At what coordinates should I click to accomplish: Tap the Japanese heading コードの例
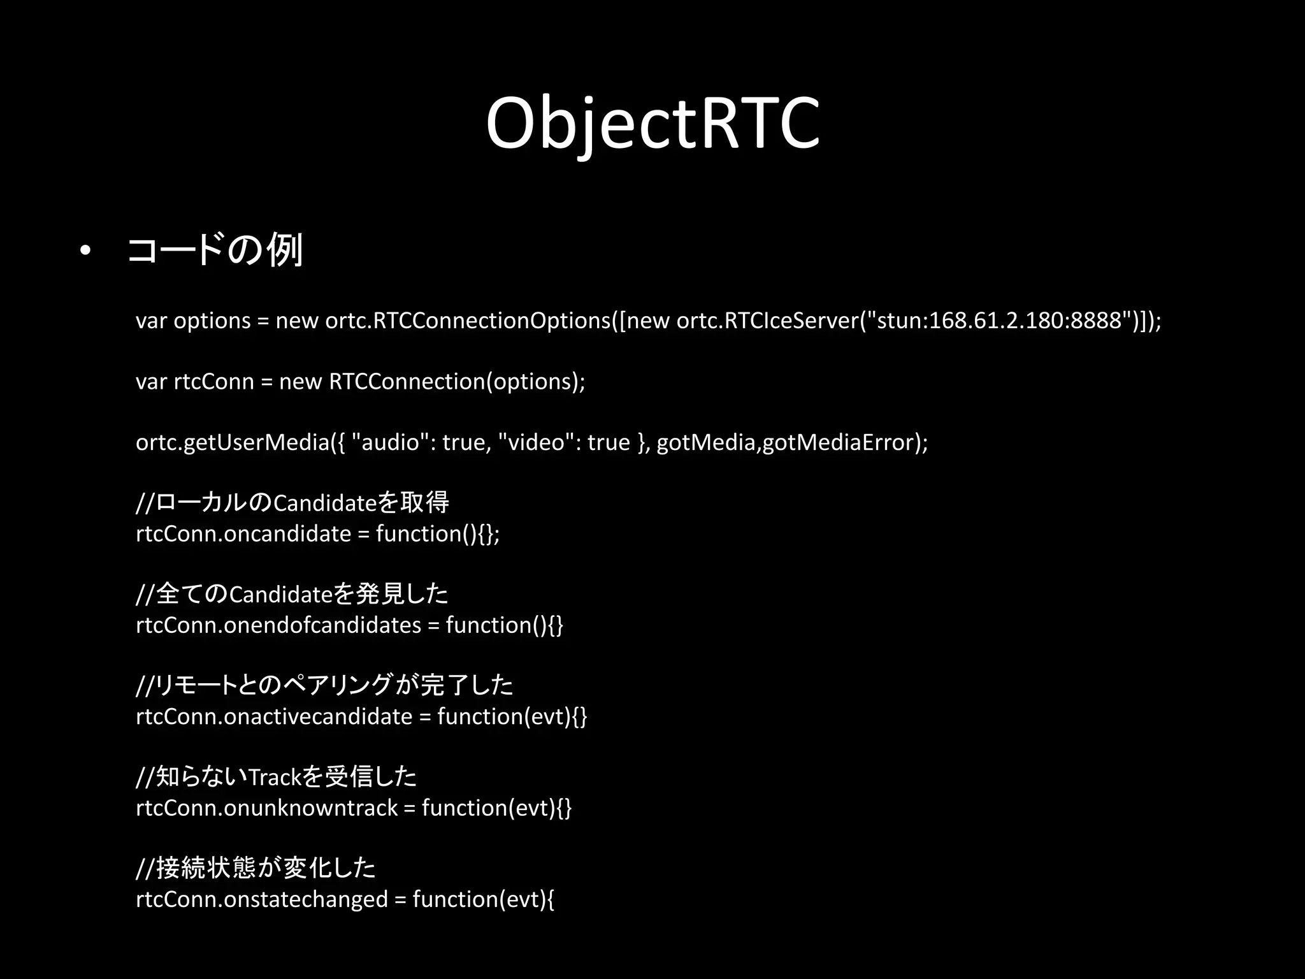point(215,250)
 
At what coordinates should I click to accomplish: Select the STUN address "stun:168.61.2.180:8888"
point(999,320)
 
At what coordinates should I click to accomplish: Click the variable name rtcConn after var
point(213,381)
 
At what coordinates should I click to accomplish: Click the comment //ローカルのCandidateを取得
point(292,503)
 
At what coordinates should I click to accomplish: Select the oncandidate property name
point(287,533)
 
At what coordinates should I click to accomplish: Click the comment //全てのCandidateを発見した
point(292,594)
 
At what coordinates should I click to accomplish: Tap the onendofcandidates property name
point(322,625)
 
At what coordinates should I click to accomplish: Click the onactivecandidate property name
point(318,716)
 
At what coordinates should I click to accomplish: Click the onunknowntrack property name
point(310,808)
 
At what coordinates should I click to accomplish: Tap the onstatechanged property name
point(306,899)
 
